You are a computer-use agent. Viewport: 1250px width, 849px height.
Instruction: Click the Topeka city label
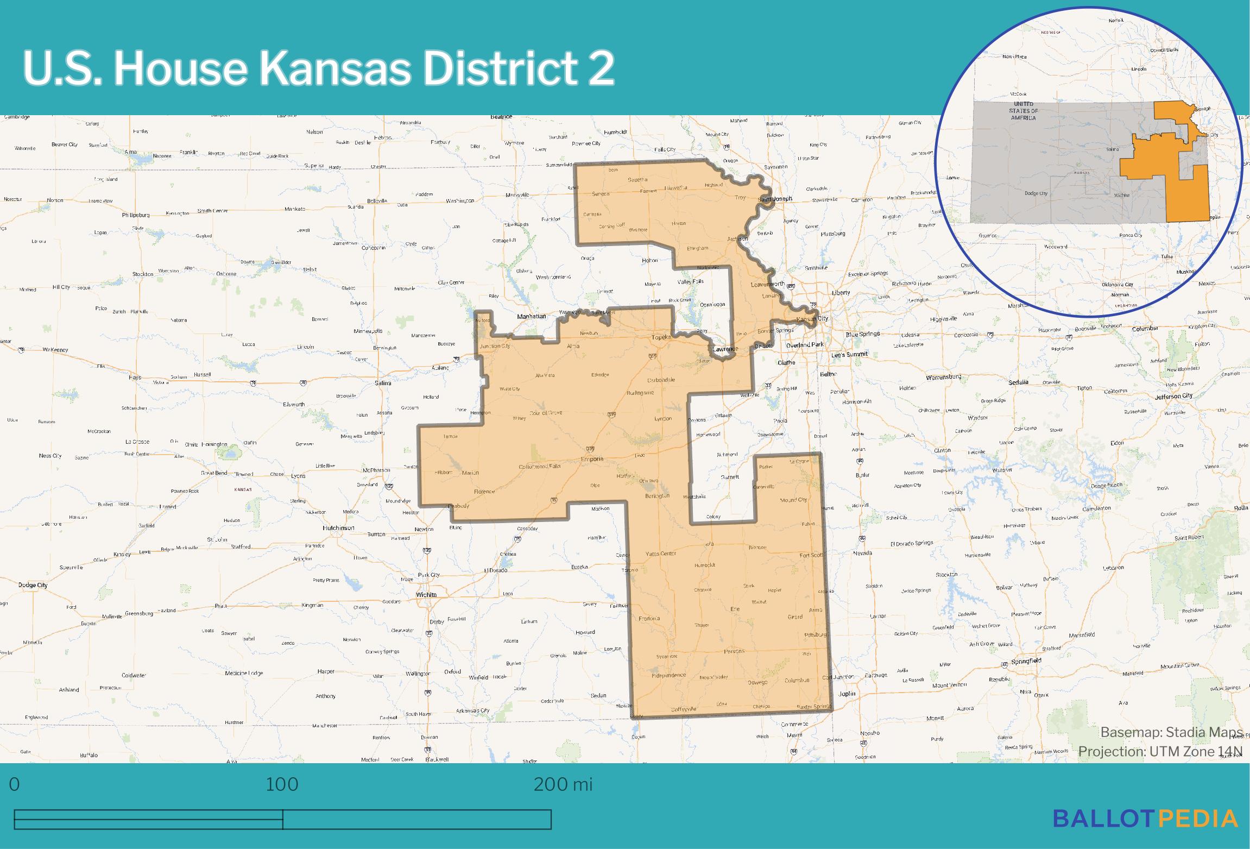tap(662, 337)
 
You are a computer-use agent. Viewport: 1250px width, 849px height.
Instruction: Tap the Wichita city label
tap(426, 595)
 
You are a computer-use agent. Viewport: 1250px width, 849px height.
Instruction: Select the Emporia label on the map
tap(592, 459)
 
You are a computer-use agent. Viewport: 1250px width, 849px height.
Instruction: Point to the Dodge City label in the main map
tap(33, 585)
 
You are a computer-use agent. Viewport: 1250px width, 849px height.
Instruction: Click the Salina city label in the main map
tap(383, 383)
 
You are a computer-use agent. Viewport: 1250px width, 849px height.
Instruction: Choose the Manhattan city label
tap(531, 316)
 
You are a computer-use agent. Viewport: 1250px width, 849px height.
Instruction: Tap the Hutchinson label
tap(338, 527)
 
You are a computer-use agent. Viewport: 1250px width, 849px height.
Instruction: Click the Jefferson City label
tap(1173, 396)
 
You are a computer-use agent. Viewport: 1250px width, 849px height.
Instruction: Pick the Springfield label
tap(1026, 661)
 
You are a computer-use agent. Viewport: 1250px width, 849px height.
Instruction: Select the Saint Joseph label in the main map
tap(775, 199)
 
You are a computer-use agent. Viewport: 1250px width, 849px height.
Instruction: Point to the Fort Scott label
tap(812, 555)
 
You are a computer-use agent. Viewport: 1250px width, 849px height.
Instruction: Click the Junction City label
tap(495, 346)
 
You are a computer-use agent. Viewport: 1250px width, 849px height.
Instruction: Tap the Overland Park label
tap(805, 345)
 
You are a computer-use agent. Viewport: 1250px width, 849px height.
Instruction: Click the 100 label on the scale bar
tap(282, 784)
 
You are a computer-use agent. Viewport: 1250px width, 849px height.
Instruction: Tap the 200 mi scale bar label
tap(563, 784)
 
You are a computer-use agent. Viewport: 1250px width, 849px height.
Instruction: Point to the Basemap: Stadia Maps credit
tap(1171, 733)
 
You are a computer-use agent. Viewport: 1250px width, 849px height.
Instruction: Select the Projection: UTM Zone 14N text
tap(1160, 751)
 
